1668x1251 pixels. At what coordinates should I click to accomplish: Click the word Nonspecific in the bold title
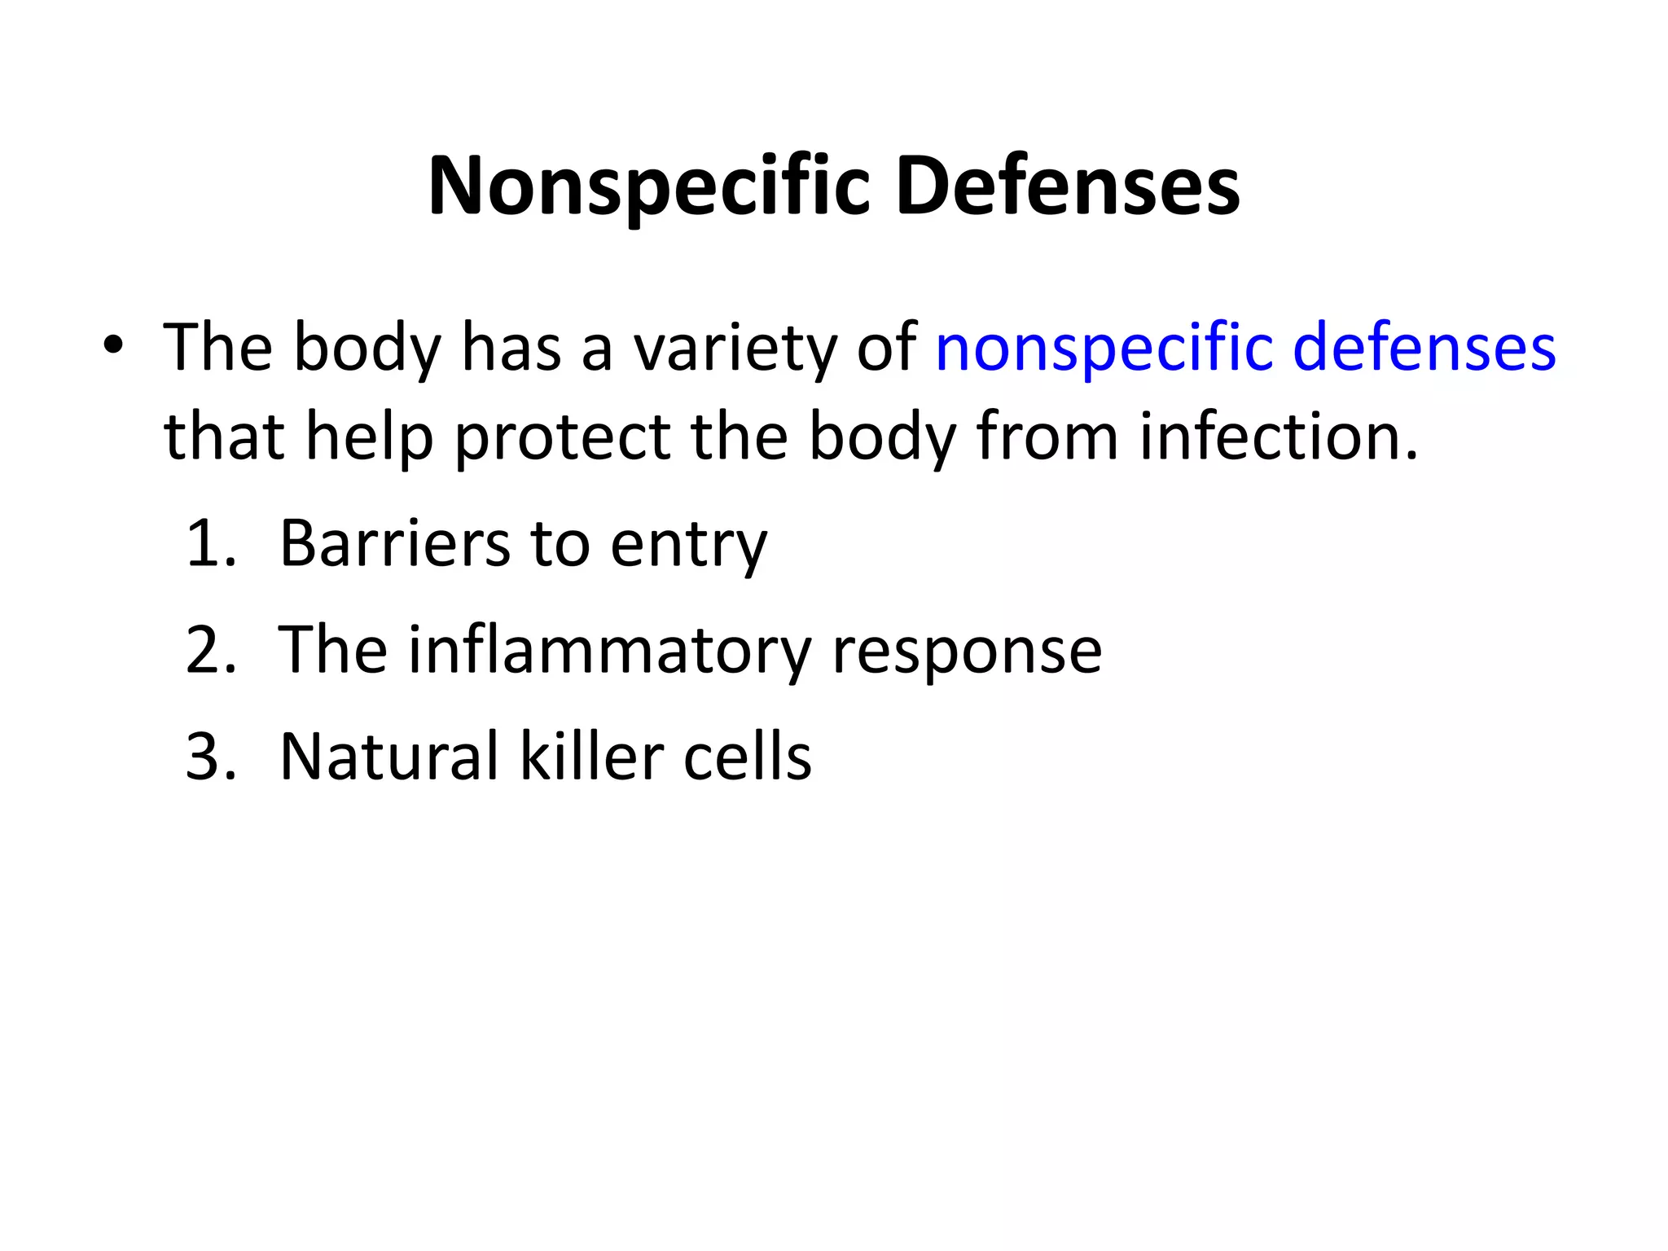pos(649,187)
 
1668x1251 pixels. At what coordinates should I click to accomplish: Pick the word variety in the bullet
pos(735,349)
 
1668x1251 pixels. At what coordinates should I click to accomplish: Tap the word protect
pos(562,438)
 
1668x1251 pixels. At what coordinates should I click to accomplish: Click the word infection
pos(1279,437)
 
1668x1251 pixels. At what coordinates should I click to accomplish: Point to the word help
pos(369,438)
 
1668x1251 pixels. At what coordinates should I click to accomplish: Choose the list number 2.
pos(210,650)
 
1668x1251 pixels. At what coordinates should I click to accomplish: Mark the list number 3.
pos(210,757)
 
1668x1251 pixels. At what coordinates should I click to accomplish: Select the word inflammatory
pos(609,652)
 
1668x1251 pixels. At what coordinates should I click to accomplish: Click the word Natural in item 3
pos(388,757)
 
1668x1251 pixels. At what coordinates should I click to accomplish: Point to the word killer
pos(590,757)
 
